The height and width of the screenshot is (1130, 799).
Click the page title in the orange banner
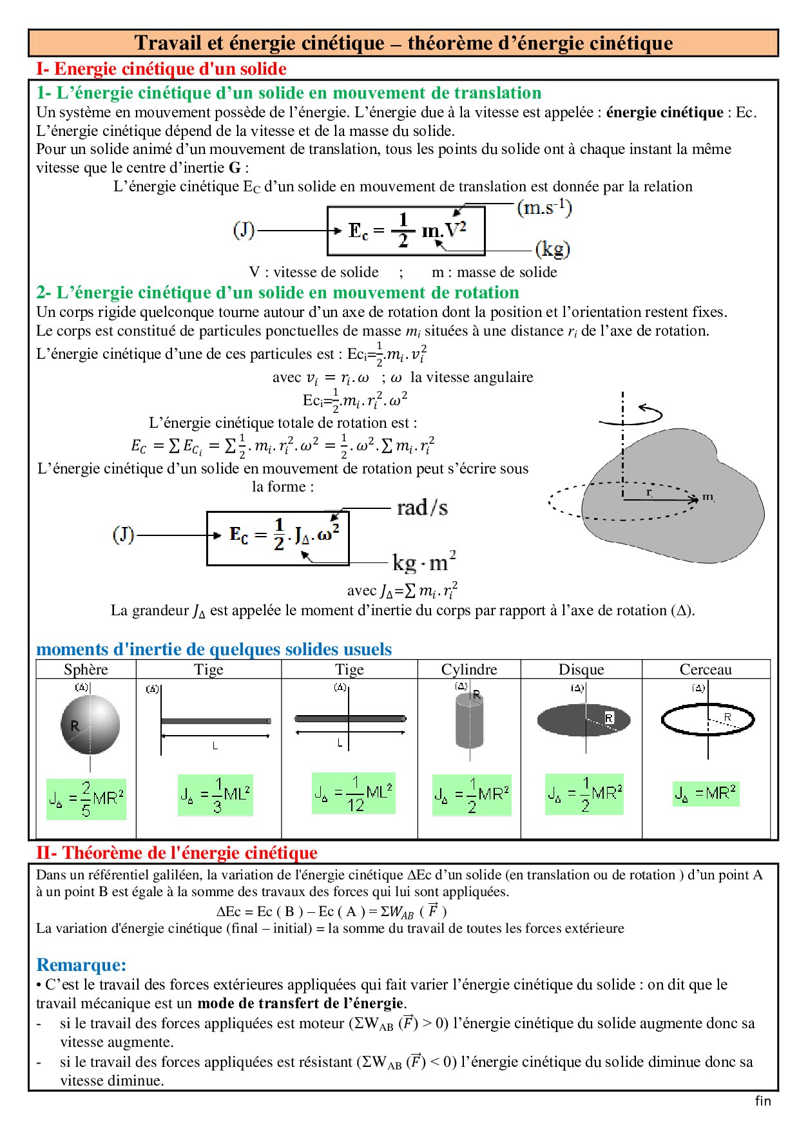(403, 43)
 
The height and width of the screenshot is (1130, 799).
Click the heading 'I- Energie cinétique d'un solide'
(161, 69)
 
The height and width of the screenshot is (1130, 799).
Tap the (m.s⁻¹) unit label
(544, 207)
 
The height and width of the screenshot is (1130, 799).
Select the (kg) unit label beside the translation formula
(553, 249)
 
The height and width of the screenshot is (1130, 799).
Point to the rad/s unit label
(422, 508)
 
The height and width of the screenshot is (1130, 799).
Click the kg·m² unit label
(424, 562)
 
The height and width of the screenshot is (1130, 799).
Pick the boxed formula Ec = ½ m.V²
(406, 231)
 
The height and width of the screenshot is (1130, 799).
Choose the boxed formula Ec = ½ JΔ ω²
(278, 538)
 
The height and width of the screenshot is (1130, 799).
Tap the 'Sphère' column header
(86, 669)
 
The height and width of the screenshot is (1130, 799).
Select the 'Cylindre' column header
(469, 669)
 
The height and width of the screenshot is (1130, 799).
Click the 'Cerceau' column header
(706, 669)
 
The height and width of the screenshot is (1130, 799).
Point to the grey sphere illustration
(90, 724)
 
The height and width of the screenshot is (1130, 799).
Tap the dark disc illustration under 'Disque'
(583, 720)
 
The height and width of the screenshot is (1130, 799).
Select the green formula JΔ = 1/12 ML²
(353, 793)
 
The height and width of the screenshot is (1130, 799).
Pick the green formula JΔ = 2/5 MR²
(86, 799)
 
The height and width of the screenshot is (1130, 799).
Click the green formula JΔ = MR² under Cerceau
(706, 793)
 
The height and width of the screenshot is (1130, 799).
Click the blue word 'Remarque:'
(81, 964)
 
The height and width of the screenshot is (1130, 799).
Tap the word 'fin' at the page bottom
(763, 1101)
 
